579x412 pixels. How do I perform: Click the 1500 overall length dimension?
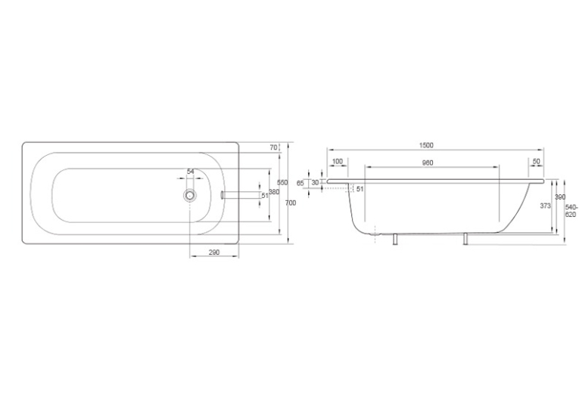pos(426,145)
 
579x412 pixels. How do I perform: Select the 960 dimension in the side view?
pos(427,163)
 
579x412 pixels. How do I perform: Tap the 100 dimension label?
pos(338,161)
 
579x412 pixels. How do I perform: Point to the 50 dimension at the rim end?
pos(537,161)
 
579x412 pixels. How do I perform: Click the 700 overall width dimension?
pos(291,203)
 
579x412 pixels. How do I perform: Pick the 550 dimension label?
pos(282,182)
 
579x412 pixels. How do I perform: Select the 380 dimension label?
pos(274,192)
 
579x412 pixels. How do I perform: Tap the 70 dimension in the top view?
pos(273,147)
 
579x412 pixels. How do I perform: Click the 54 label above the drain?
pos(191,172)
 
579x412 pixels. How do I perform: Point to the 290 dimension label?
pos(214,252)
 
